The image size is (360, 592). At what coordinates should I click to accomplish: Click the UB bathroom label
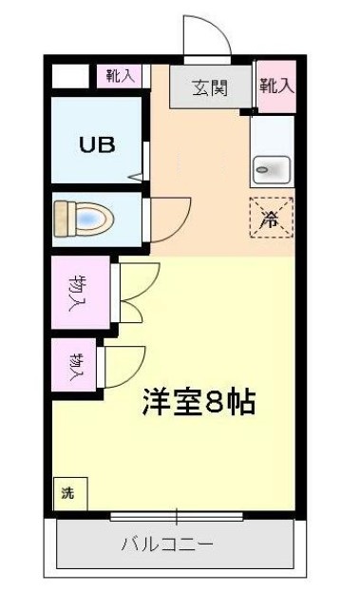pyautogui.click(x=97, y=145)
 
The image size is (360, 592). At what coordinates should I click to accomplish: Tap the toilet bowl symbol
pyautogui.click(x=84, y=218)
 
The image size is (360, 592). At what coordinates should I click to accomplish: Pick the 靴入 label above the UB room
pyautogui.click(x=120, y=76)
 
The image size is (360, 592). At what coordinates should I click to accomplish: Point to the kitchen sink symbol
pyautogui.click(x=272, y=170)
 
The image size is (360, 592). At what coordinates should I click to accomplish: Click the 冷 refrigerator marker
pyautogui.click(x=272, y=218)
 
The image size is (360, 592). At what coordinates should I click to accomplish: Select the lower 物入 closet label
pyautogui.click(x=76, y=364)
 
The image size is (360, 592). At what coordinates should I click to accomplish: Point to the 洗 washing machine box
pyautogui.click(x=67, y=493)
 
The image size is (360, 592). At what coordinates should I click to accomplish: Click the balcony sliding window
pyautogui.click(x=177, y=517)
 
